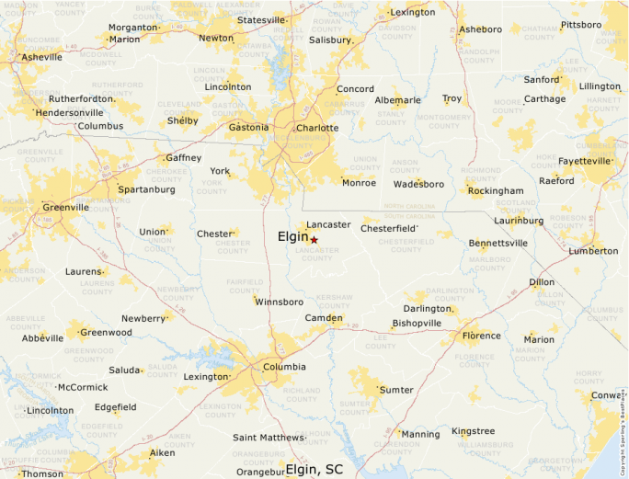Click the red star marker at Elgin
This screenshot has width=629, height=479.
[x=314, y=240]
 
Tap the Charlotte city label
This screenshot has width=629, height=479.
[x=317, y=128]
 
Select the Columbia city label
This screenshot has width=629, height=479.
[x=284, y=367]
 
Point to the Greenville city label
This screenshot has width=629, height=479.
[x=65, y=207]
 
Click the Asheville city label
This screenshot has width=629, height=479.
[x=41, y=57]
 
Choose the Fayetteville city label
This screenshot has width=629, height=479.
[x=584, y=161]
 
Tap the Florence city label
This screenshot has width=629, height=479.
[x=481, y=336]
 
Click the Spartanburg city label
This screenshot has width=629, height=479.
[x=146, y=189]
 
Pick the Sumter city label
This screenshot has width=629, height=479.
[x=396, y=390]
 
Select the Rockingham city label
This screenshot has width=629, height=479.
[x=495, y=191]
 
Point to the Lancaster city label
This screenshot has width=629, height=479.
[x=328, y=224]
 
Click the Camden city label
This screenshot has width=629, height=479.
[x=324, y=319]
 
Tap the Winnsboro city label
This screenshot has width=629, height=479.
[x=279, y=302]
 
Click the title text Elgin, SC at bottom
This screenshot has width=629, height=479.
[x=314, y=469]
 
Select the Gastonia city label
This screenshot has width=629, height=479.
[x=248, y=127]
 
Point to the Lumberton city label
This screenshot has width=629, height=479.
[x=593, y=251]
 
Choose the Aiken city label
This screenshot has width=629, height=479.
[x=162, y=453]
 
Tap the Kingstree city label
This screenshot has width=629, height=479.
[x=473, y=431]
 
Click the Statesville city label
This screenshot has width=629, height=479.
[x=262, y=20]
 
